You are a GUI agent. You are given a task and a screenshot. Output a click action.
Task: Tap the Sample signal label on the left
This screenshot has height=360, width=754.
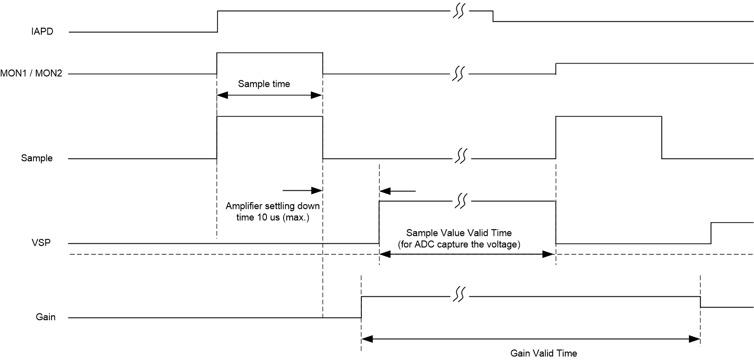pyautogui.click(x=37, y=158)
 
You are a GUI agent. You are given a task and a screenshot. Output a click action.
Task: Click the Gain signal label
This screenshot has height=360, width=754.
pyautogui.click(x=45, y=318)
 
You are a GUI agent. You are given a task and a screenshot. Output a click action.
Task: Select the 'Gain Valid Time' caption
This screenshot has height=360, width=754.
pyautogui.click(x=544, y=353)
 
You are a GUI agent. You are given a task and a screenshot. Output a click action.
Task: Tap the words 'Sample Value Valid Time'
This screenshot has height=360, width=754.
pyautogui.click(x=459, y=233)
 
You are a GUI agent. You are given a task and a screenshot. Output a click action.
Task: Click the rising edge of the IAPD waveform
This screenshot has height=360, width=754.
pyautogui.click(x=217, y=21)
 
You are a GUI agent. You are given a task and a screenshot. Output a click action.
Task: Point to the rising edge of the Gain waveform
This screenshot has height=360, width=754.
pyautogui.click(x=361, y=306)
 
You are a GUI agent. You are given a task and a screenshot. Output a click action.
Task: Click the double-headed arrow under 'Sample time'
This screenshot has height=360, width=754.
pyautogui.click(x=269, y=95)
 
